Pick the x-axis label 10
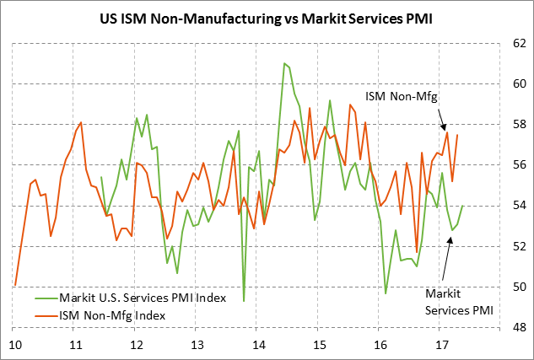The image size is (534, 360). [x=15, y=345]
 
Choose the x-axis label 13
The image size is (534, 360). [x=197, y=345]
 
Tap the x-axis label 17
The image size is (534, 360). [x=440, y=345]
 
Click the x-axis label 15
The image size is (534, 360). [x=319, y=345]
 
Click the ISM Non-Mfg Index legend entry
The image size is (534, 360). [x=111, y=314]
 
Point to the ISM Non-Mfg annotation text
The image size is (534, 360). [x=402, y=98]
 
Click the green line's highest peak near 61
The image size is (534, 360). [x=284, y=63]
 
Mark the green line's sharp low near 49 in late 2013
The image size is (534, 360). [x=244, y=301]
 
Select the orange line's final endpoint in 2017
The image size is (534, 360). [x=458, y=135]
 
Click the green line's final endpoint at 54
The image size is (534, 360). [x=463, y=206]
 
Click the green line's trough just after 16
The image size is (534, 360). [x=386, y=293]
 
